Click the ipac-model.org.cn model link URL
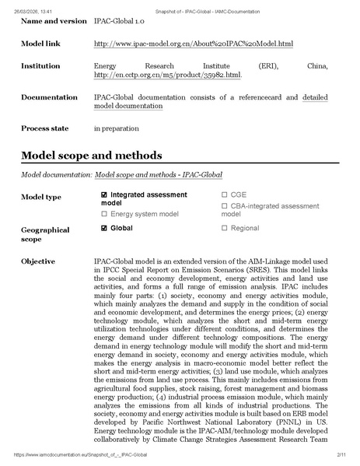pos(181,44)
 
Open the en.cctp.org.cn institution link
pos(166,75)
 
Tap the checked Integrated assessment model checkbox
pos(104,194)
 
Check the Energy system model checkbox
pos(104,212)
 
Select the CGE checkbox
pos(224,194)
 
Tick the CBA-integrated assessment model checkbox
pos(224,205)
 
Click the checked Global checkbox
pos(104,228)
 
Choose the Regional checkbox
pos(224,228)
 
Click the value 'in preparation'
pos(116,128)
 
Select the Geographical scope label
pos(45,235)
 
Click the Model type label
pos(41,198)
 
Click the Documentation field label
pos(49,97)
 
